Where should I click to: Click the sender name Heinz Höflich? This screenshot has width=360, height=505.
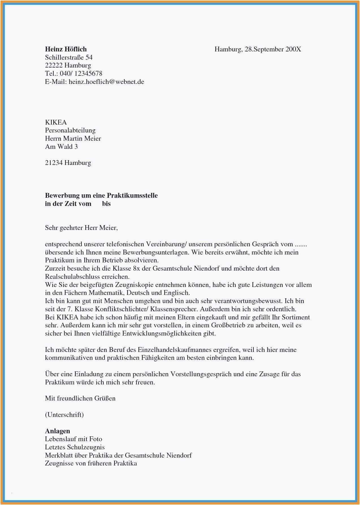pyautogui.click(x=66, y=49)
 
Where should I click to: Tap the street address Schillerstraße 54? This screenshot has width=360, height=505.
pyautogui.click(x=69, y=57)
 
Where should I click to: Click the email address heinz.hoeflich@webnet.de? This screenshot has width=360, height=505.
pyautogui.click(x=106, y=82)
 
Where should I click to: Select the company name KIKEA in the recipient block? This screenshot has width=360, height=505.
pyautogui.click(x=56, y=122)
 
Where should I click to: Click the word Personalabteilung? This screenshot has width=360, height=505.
pyautogui.click(x=70, y=130)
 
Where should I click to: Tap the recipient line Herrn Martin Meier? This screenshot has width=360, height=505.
pyautogui.click(x=73, y=138)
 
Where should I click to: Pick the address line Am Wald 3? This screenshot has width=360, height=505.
pyautogui.click(x=61, y=147)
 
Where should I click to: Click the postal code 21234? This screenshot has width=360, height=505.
pyautogui.click(x=53, y=163)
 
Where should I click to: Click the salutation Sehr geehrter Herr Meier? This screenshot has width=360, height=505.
pyautogui.click(x=81, y=228)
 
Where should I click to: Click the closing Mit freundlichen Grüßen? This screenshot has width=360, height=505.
pyautogui.click(x=80, y=399)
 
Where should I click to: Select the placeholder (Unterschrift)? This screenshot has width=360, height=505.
pyautogui.click(x=64, y=415)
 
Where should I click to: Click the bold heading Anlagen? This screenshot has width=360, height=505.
pyautogui.click(x=57, y=431)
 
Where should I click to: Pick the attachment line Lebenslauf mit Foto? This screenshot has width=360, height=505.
pyautogui.click(x=73, y=439)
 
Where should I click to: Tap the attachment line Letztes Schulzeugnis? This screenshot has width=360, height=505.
pyautogui.click(x=75, y=447)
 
